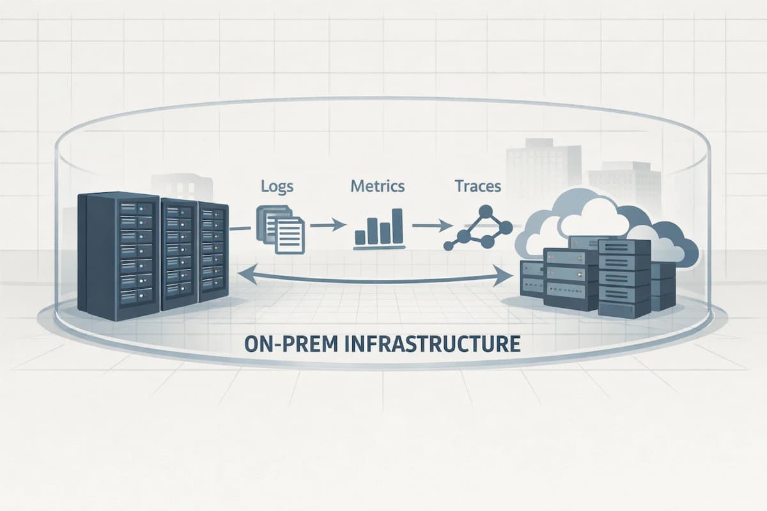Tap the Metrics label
[377, 187]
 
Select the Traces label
[477, 187]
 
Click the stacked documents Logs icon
[281, 227]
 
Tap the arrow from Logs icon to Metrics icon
[325, 225]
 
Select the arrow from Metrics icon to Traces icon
[428, 225]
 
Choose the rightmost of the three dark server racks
[213, 252]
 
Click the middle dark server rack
[179, 254]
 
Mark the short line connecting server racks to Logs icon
[240, 227]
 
